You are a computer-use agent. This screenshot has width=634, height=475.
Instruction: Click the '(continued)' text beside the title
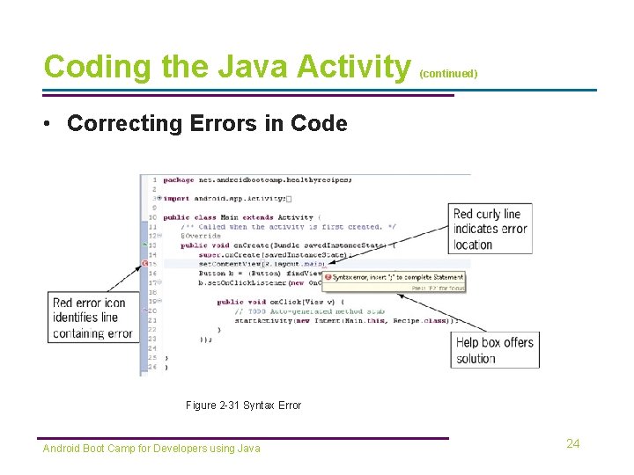pos(448,74)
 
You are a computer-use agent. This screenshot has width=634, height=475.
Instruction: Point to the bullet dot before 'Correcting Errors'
pos(50,124)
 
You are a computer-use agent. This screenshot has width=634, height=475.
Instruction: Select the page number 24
pos(572,444)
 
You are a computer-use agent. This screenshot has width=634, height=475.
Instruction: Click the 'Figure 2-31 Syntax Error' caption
pos(243,406)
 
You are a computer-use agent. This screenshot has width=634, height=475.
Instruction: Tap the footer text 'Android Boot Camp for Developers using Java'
pos(151,449)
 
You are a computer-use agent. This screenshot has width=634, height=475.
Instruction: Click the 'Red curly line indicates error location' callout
pos(490,229)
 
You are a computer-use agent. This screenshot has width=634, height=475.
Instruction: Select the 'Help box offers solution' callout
pos(494,350)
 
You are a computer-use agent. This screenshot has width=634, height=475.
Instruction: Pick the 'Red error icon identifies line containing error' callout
pos(92,318)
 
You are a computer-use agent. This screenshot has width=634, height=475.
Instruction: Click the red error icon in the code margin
pos(146,263)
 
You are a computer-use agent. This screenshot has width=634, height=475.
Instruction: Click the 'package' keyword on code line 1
pos(179,179)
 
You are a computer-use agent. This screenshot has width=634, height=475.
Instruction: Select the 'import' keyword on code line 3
pos(177,199)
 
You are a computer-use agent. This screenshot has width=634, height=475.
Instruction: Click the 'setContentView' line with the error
pos(262,263)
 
